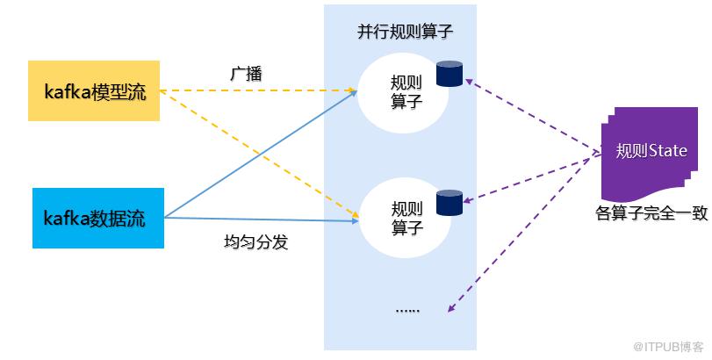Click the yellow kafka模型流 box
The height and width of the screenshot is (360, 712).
94,90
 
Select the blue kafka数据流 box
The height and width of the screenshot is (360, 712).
98,218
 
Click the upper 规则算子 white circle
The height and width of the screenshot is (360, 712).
403,92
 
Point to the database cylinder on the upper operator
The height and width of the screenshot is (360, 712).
449,74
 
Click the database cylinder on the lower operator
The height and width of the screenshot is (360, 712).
449,202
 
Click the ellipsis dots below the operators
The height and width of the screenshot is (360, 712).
407,309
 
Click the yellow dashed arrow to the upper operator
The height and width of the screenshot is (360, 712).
263,90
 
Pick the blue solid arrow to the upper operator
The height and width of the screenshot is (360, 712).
263,154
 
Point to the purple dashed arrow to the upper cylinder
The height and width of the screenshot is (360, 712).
531,119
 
